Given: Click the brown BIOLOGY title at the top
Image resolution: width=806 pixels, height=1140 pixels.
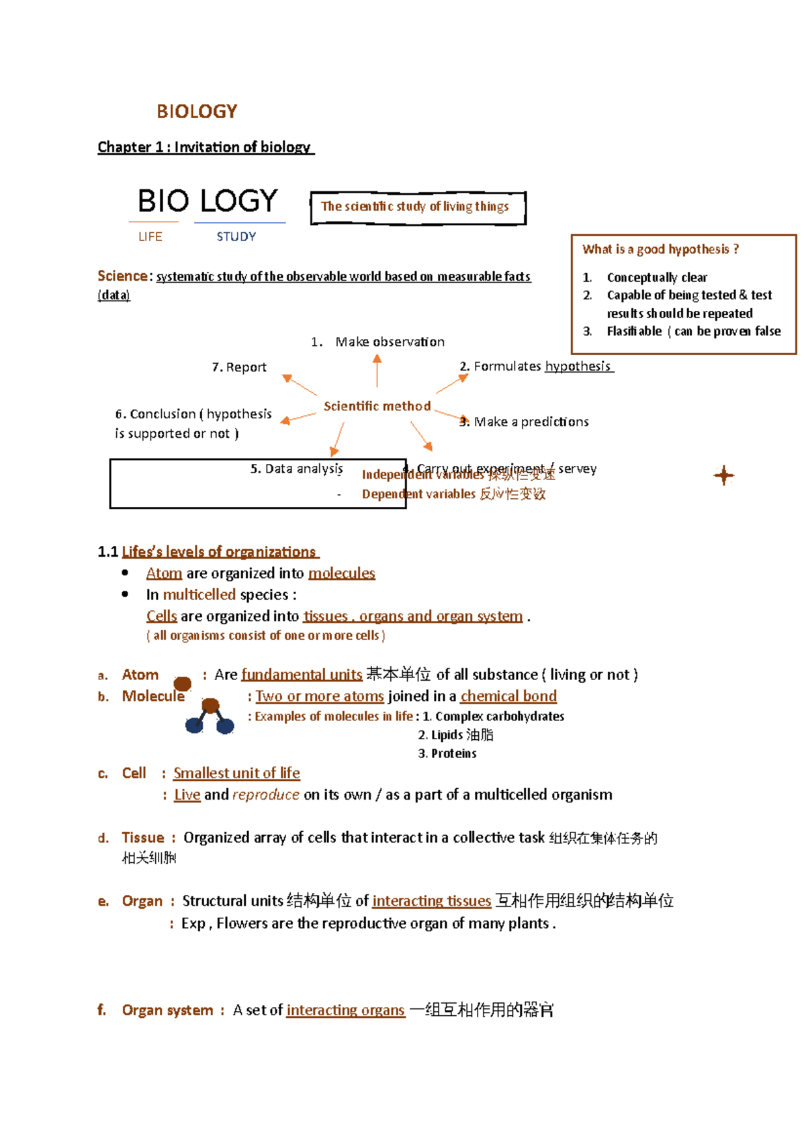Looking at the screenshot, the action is tap(197, 111).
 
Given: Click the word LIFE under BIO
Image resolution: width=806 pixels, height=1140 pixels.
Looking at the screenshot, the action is tap(150, 236).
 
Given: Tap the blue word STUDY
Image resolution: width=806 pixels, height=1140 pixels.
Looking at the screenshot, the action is tap(236, 236).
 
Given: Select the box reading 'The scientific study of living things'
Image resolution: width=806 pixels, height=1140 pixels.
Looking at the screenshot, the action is tap(417, 207).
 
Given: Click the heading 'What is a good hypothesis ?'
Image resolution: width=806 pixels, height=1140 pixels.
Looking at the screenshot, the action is tap(660, 249).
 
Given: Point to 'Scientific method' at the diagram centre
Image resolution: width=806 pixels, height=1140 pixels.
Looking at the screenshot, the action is tap(377, 406).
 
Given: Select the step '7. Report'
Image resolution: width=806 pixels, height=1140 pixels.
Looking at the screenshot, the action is tap(239, 367).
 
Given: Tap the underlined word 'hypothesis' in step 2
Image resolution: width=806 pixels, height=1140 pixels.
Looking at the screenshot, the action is tap(578, 366).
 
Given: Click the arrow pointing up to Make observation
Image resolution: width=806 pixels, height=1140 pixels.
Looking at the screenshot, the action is tap(377, 369).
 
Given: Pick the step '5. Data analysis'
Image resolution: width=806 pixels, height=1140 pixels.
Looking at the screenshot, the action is tap(296, 469).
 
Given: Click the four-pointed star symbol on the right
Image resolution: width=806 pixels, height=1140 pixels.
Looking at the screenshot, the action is tap(723, 475).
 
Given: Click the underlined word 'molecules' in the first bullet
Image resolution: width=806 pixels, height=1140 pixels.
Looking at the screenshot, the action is tap(341, 573).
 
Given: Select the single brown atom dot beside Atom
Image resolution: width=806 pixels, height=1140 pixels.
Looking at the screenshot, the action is tap(182, 683).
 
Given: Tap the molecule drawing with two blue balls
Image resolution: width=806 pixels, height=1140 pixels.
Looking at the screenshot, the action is tap(210, 716).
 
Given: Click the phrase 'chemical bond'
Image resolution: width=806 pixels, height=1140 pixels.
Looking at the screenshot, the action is tap(508, 696).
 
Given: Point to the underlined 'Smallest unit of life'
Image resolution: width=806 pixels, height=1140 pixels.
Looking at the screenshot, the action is tap(236, 773).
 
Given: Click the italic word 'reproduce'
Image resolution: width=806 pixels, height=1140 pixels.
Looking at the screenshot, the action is tap(266, 795).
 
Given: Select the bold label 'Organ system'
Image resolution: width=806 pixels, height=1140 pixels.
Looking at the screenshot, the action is tap(167, 1010).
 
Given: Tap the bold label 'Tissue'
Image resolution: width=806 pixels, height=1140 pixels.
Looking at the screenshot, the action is tap(143, 838).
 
